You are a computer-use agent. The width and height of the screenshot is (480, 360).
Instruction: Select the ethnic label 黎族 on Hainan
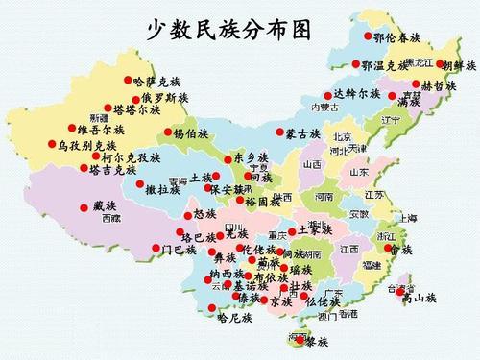[318, 342]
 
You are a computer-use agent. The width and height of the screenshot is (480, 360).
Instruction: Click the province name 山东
[359, 172]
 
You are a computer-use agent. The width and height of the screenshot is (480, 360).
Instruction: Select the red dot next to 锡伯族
[168, 132]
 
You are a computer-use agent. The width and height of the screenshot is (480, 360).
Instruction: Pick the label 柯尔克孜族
[132, 156]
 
